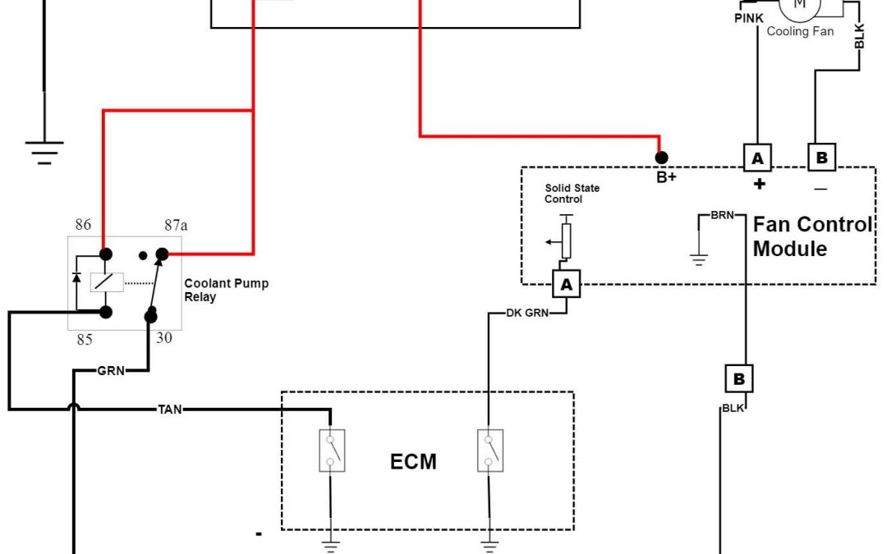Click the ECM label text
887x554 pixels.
[413, 461]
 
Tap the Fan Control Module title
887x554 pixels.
[812, 236]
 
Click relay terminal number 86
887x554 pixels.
[83, 225]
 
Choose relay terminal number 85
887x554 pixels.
[85, 339]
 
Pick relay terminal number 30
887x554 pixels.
[164, 337]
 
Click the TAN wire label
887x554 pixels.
[170, 408]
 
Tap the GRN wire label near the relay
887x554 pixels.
[111, 371]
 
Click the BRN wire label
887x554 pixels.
[723, 215]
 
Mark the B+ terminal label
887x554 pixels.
[666, 176]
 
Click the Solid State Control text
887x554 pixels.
[572, 194]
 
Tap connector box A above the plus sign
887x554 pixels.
[757, 158]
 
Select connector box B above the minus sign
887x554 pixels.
[820, 158]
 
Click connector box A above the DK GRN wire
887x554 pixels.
[565, 284]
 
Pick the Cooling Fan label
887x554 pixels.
[800, 32]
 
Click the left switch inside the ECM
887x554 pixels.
[332, 451]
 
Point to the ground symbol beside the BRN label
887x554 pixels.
[699, 258]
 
